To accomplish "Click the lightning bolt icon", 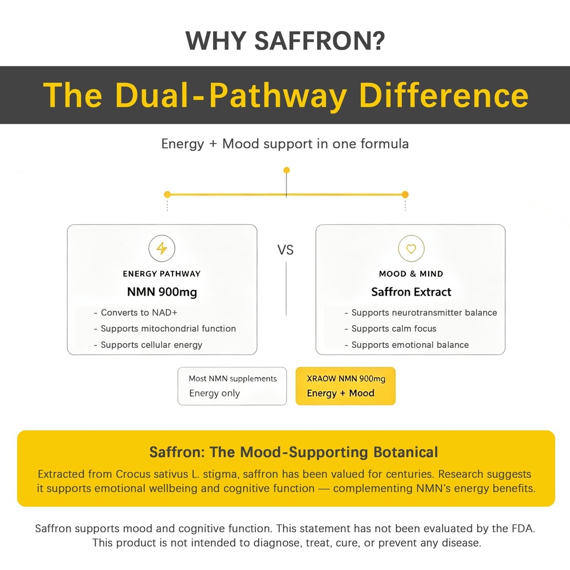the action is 162,249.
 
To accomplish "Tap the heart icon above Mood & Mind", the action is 411,249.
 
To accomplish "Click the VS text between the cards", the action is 286,250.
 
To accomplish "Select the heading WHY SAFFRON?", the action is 285,40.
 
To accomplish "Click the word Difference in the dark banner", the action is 444,95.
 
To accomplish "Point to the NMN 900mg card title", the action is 162,292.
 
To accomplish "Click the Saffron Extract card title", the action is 411,292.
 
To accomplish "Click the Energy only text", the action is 214,394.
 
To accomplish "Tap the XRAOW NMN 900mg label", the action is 346,379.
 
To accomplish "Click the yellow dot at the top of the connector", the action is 287,170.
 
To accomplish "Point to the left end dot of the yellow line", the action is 167,194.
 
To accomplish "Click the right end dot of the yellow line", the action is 405,194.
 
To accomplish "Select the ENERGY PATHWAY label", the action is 162,274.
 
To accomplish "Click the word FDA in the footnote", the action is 523,528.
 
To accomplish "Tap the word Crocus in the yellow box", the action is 133,474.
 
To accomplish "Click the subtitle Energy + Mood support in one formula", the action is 285,144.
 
